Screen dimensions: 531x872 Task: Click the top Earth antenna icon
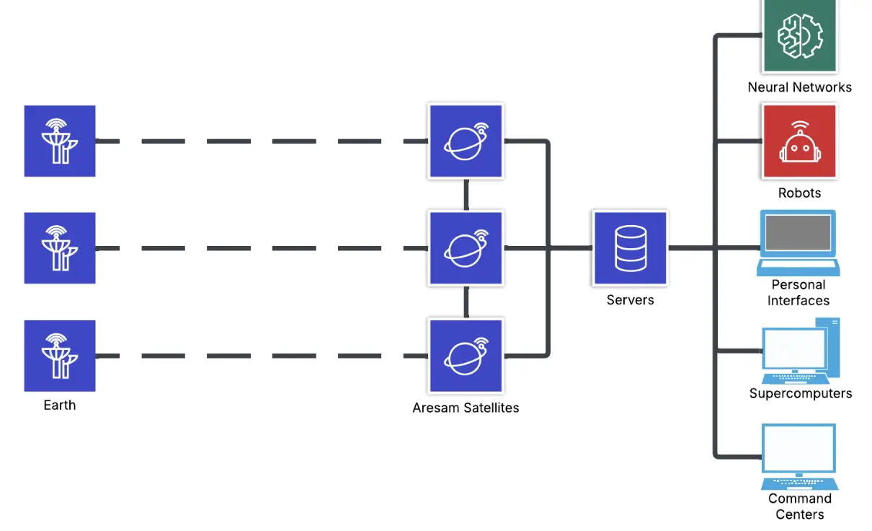coord(60,141)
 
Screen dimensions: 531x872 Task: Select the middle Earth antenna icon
coord(60,248)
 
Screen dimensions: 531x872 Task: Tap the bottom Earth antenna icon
coord(60,356)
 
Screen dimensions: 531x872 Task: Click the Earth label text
coord(60,405)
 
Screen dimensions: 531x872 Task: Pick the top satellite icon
coord(466,141)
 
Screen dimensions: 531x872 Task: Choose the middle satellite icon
coord(466,248)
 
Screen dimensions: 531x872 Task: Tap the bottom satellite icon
coord(466,356)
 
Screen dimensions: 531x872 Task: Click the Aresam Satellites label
coord(466,408)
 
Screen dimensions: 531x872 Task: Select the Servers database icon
coord(630,248)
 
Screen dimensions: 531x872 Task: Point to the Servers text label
coord(630,300)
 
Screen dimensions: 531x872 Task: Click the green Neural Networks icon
coord(799,35)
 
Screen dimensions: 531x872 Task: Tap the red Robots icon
coord(799,141)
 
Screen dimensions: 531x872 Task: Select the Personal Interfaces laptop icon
coord(798,242)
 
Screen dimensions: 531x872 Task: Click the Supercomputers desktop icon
coord(800,351)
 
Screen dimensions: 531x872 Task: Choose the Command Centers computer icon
coord(799,456)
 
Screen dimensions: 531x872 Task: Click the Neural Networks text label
coord(799,87)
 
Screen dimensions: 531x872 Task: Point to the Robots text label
coord(799,193)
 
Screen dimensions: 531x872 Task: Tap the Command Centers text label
coord(799,506)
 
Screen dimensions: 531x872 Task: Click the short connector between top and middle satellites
coord(466,194)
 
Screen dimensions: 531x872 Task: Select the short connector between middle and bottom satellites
coord(466,302)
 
